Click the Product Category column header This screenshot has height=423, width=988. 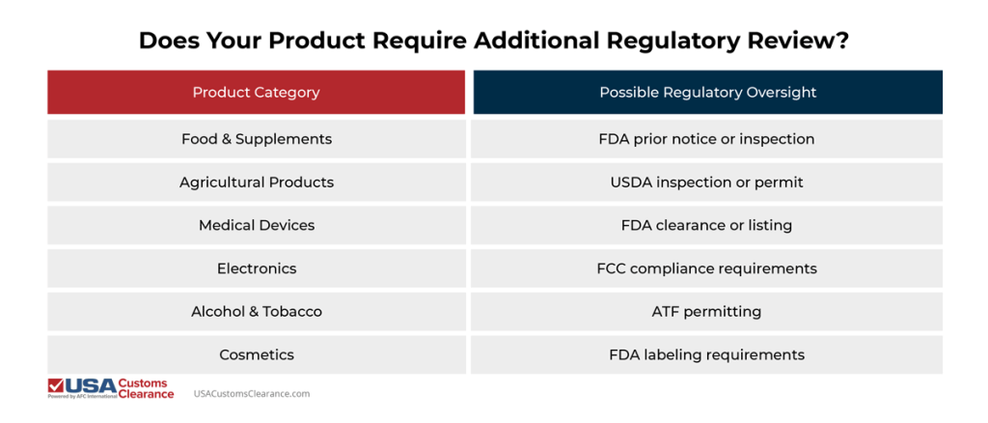coord(256,93)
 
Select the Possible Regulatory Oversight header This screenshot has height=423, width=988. coord(707,93)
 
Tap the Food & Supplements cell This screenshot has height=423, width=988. coord(256,139)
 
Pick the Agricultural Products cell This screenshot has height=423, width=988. coord(256,183)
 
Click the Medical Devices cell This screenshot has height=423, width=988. coord(256,225)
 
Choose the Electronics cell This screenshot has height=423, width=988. coord(256,268)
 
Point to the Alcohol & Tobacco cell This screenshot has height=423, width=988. coord(256,312)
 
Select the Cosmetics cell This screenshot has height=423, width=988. coord(256,354)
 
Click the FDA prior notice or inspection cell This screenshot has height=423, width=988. coord(706,139)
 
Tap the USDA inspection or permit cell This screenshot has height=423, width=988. coord(706,183)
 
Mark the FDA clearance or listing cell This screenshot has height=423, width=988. coord(706,225)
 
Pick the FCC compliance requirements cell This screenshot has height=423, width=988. coord(706,268)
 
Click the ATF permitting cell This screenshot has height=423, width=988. coord(706,312)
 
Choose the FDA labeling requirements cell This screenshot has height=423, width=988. coord(706,354)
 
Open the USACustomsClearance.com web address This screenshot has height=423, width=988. coord(252,394)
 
